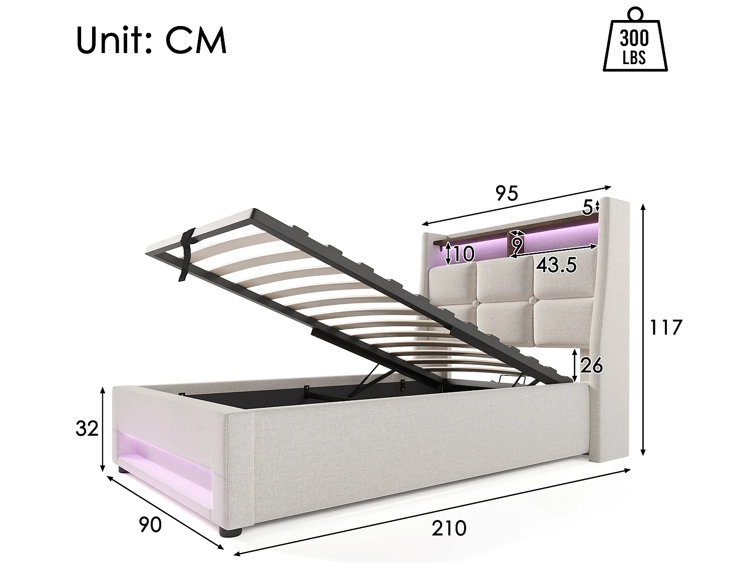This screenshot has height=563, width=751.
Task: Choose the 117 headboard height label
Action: (x=665, y=327)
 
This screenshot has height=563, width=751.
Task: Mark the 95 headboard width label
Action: (x=507, y=193)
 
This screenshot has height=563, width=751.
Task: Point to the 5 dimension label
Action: (x=588, y=206)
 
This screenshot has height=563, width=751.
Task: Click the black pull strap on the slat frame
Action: (x=188, y=255)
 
